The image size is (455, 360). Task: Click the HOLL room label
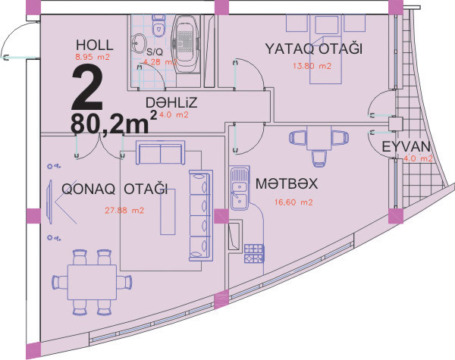click(x=95, y=45)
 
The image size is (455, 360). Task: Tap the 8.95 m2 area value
click(x=93, y=57)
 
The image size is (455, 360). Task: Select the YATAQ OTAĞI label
click(x=314, y=49)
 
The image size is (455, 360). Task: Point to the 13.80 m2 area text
click(x=312, y=66)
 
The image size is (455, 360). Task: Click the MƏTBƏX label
click(x=287, y=183)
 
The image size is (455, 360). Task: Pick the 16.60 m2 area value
click(x=293, y=202)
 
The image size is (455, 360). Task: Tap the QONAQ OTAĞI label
click(x=115, y=189)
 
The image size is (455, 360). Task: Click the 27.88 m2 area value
click(x=124, y=210)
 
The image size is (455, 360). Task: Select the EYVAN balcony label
click(x=406, y=147)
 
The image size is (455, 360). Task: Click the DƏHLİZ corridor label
click(x=171, y=102)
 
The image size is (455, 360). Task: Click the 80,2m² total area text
click(x=114, y=123)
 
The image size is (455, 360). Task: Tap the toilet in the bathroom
click(x=158, y=26)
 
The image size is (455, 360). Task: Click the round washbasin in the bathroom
click(x=139, y=43)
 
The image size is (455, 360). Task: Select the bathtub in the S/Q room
click(x=186, y=42)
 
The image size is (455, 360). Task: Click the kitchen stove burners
click(x=254, y=254)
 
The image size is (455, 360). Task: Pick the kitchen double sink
click(x=240, y=188)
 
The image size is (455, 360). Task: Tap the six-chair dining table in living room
click(x=92, y=282)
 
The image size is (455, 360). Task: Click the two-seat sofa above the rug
click(x=161, y=152)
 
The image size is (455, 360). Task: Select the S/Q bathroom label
click(x=155, y=52)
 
